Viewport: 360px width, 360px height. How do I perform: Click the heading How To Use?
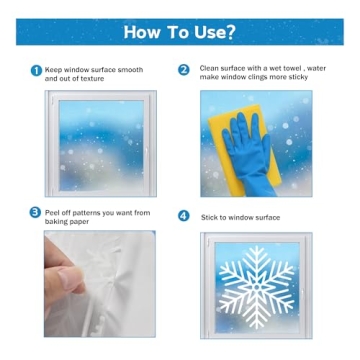click(180, 31)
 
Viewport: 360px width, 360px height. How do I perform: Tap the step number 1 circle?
click(37, 70)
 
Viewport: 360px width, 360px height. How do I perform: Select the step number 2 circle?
click(184, 70)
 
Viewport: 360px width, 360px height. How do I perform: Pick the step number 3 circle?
click(37, 213)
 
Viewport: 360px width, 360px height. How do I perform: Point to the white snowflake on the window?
click(256, 289)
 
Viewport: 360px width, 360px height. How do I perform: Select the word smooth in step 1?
click(129, 70)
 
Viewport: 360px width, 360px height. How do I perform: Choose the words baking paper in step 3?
click(68, 222)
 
